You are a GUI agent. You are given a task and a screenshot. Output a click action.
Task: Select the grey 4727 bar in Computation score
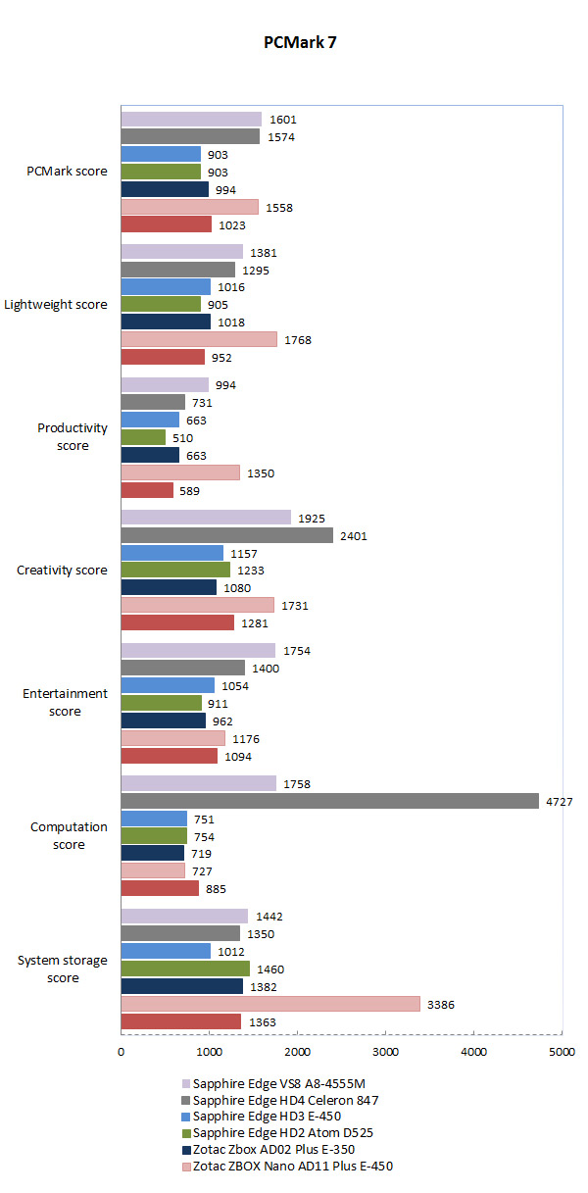click(329, 801)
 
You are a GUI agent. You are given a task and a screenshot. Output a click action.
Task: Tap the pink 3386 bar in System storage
click(270, 1004)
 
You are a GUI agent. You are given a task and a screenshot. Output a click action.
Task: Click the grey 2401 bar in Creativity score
click(226, 535)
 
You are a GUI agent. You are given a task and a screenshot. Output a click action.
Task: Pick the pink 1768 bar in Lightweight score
click(199, 339)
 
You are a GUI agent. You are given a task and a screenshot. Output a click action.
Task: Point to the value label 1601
click(283, 120)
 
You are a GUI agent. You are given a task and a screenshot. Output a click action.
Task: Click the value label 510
click(187, 437)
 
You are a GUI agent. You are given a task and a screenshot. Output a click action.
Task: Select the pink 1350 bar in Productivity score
click(180, 472)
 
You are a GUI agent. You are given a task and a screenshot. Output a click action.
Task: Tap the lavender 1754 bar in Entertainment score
click(198, 651)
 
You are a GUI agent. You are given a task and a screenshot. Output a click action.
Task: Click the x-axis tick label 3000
click(385, 1052)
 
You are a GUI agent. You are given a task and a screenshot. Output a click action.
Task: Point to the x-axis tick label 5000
click(562, 1052)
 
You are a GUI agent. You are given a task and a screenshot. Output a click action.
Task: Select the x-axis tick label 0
click(121, 1052)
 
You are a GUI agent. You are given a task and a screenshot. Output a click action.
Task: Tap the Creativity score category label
click(63, 571)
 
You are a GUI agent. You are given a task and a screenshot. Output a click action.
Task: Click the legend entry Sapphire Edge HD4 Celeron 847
click(286, 1101)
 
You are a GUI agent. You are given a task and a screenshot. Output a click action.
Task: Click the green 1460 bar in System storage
click(185, 969)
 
